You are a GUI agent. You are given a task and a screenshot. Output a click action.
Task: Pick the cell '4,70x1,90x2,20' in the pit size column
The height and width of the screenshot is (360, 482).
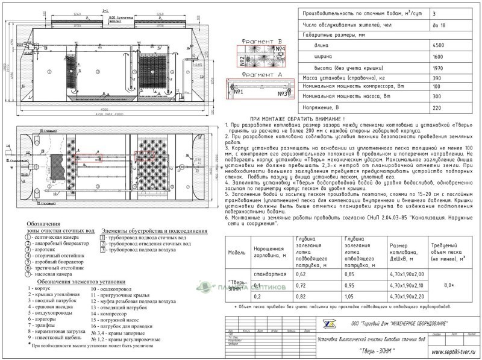click(x=408, y=297)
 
